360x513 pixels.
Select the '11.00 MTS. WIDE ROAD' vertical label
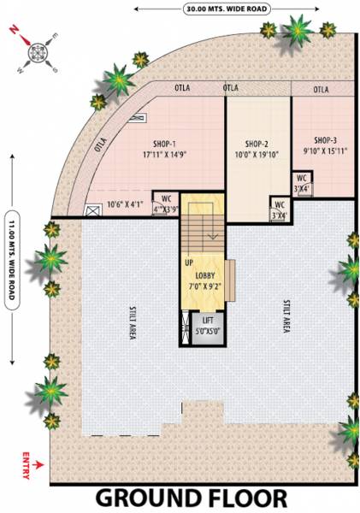tap(11, 257)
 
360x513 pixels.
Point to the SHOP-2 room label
tap(257, 144)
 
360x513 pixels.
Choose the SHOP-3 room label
tap(325, 140)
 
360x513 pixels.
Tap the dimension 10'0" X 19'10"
tap(257, 156)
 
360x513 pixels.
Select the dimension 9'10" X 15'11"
tap(325, 151)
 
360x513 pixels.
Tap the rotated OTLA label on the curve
tap(101, 145)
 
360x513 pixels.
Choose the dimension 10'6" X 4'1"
tap(124, 204)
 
